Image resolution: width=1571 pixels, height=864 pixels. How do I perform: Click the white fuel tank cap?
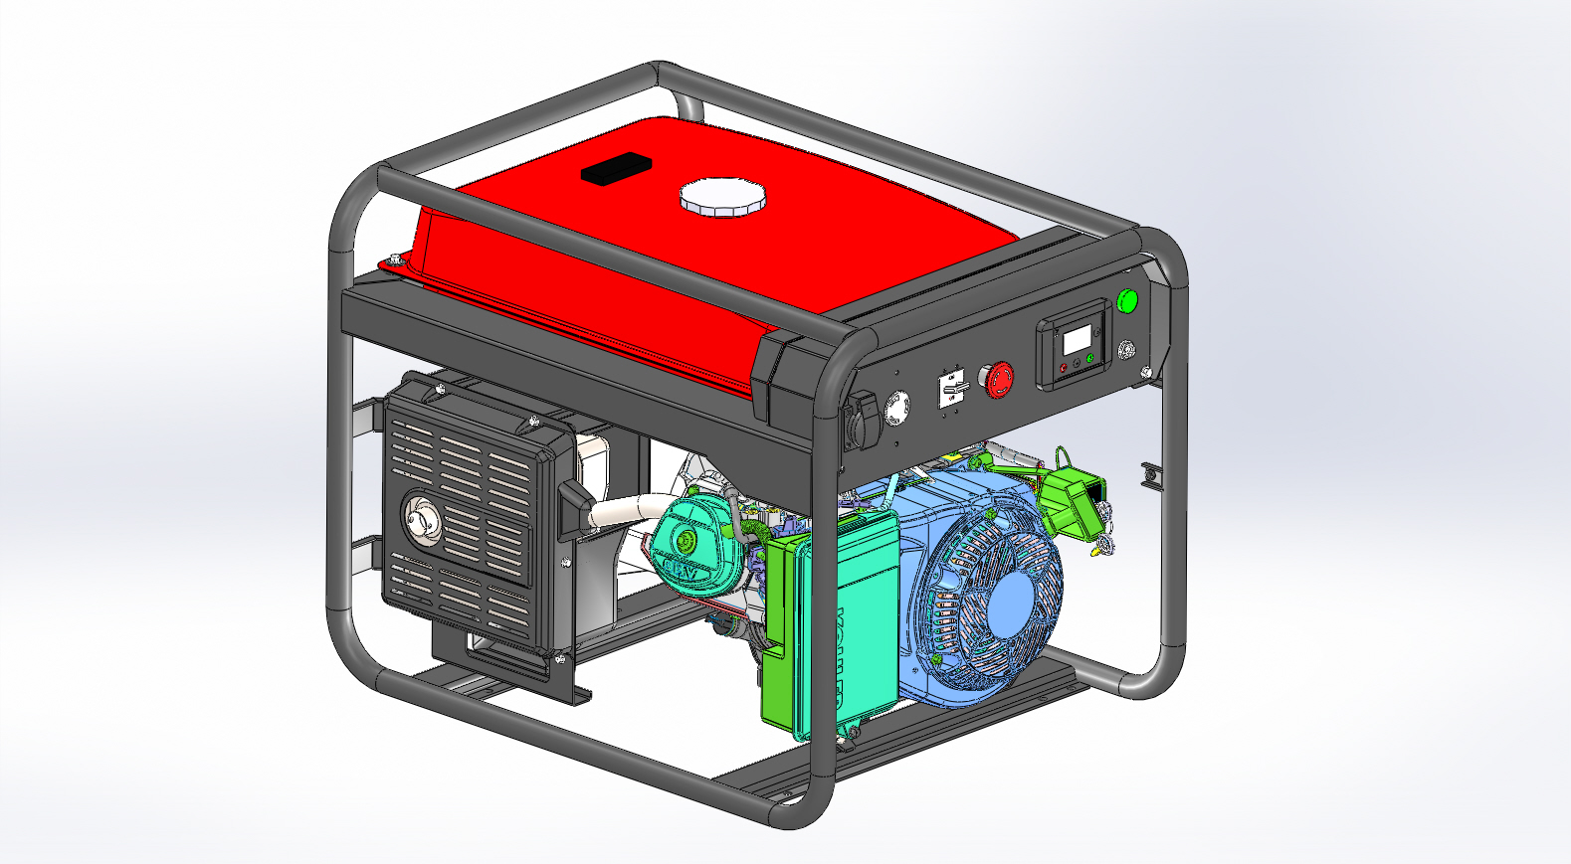click(723, 197)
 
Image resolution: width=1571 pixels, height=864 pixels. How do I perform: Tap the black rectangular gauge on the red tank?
click(615, 169)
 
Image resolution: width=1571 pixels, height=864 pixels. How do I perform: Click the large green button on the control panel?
click(1126, 300)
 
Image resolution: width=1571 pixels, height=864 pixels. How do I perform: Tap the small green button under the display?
click(1090, 359)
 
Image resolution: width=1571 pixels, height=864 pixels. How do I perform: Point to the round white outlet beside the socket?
click(898, 408)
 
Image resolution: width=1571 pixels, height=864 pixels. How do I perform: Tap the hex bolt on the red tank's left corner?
click(396, 259)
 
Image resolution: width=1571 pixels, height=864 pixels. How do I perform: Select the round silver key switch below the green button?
click(1127, 349)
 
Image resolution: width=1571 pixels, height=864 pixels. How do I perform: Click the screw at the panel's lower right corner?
click(1146, 373)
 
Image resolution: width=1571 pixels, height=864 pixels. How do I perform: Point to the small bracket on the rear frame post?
click(1151, 475)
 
